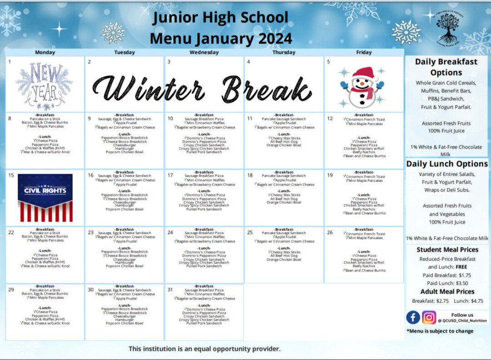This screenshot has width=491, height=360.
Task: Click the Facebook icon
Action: (x=413, y=317)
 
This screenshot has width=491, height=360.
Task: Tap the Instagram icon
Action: (x=429, y=317)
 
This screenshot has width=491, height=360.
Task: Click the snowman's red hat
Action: (x=363, y=73)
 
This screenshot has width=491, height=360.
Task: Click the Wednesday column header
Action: (x=204, y=52)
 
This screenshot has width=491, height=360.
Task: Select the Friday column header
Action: (x=364, y=52)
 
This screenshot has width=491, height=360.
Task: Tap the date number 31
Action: (x=170, y=290)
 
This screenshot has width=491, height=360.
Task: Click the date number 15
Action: (x=11, y=175)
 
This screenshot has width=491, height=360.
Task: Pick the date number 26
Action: (x=330, y=232)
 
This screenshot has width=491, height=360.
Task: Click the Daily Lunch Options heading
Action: (x=447, y=164)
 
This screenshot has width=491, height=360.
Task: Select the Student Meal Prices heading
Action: (x=447, y=250)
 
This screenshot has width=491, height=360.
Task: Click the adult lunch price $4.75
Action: (x=475, y=301)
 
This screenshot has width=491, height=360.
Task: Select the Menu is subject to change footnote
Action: (x=440, y=331)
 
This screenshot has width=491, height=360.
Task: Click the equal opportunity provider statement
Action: (x=204, y=349)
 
